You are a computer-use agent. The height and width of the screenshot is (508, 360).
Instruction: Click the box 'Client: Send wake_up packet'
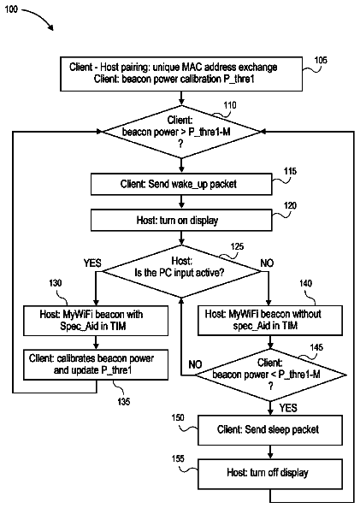[x=181, y=184]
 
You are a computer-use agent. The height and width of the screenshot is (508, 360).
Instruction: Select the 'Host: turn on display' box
[x=181, y=220]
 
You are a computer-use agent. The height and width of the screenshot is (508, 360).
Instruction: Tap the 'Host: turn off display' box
[x=270, y=474]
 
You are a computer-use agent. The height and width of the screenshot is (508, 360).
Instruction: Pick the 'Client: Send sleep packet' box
[x=270, y=430]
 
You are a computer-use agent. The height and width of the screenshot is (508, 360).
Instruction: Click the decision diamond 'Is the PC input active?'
[x=181, y=271]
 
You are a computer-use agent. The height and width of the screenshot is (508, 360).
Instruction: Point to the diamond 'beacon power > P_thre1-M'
[x=181, y=132]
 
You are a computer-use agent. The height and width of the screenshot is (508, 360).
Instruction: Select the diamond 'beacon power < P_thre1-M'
[x=270, y=375]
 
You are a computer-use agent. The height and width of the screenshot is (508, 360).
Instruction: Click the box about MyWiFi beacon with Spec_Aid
[x=96, y=321]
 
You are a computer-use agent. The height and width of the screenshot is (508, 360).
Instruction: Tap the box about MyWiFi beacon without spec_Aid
[x=270, y=320]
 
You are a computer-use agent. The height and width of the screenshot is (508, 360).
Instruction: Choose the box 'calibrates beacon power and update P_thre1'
[x=96, y=364]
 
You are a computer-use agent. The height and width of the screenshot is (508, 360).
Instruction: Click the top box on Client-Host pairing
[x=181, y=74]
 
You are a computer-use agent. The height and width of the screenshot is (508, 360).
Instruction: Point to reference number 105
[x=321, y=60]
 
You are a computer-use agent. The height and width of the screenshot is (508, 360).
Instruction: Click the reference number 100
[x=11, y=9]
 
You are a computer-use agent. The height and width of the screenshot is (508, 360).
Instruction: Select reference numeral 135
[x=124, y=402]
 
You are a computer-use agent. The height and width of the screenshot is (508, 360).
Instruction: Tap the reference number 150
[x=178, y=418]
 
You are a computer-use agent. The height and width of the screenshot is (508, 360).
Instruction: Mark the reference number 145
[x=316, y=347]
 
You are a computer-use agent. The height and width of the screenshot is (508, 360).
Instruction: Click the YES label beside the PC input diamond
[x=92, y=263]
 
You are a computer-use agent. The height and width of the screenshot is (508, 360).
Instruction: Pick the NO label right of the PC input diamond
[x=267, y=263]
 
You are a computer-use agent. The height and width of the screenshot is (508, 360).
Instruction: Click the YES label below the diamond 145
[x=288, y=408]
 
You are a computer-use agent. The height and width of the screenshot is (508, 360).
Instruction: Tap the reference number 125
[x=237, y=247]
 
